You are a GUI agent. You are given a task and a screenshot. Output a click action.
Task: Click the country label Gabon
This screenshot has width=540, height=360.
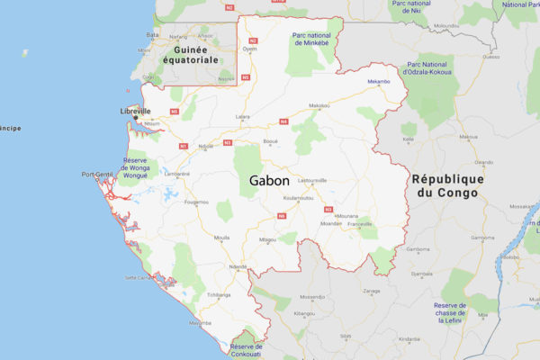click(270, 181)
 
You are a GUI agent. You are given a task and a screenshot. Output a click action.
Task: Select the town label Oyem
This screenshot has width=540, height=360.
click(249, 49)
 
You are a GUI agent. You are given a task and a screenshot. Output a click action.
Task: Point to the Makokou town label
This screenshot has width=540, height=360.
click(319, 106)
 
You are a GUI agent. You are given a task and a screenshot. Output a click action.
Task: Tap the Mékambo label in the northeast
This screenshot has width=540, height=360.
click(379, 82)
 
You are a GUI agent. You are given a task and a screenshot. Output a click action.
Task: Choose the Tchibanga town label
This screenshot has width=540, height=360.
click(219, 294)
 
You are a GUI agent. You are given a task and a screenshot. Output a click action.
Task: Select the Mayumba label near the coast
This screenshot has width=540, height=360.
click(201, 323)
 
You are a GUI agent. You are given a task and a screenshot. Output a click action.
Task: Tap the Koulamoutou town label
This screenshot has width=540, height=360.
click(296, 198)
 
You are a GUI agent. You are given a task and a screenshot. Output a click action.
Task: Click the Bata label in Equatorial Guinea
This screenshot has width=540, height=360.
click(152, 35)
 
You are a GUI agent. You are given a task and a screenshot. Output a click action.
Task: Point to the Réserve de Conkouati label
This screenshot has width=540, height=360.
click(246, 351)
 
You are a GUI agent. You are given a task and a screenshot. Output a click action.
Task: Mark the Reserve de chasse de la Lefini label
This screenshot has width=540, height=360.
click(450, 310)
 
